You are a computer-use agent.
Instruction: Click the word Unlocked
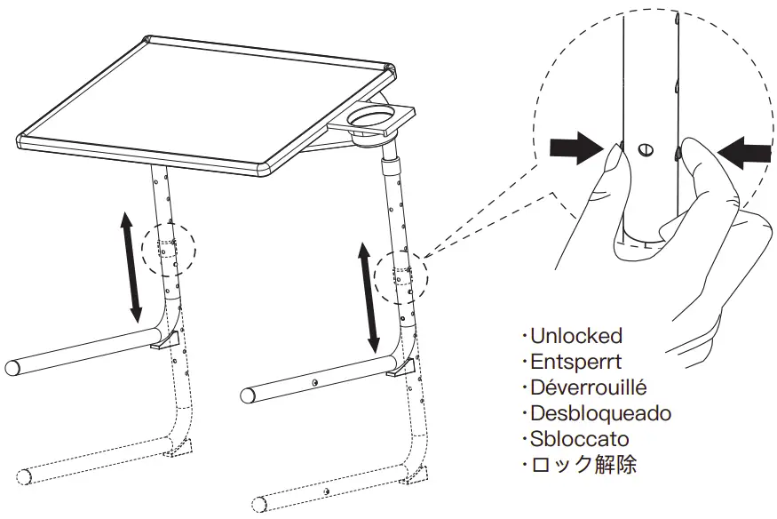point(575,336)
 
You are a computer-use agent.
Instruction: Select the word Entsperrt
point(578,362)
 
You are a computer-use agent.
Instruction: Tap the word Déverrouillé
point(588,387)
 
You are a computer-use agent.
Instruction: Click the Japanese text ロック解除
point(583,465)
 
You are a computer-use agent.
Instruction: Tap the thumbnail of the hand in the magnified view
point(614,163)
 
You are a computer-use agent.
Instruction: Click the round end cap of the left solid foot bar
point(13,366)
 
